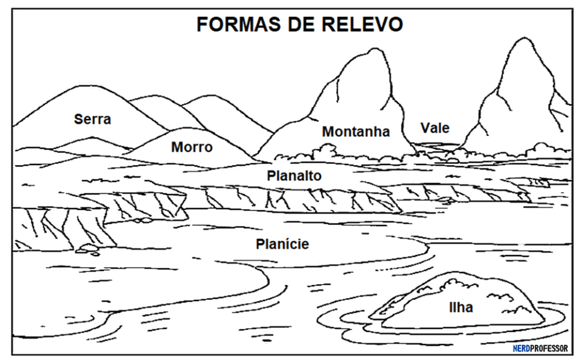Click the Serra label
click(92, 119)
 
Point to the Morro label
click(192, 147)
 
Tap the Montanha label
click(356, 132)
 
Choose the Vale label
click(435, 128)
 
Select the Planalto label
click(294, 176)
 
